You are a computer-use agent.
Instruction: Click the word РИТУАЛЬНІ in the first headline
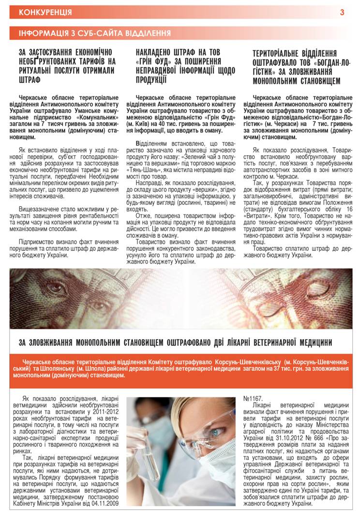[x=38, y=70]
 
